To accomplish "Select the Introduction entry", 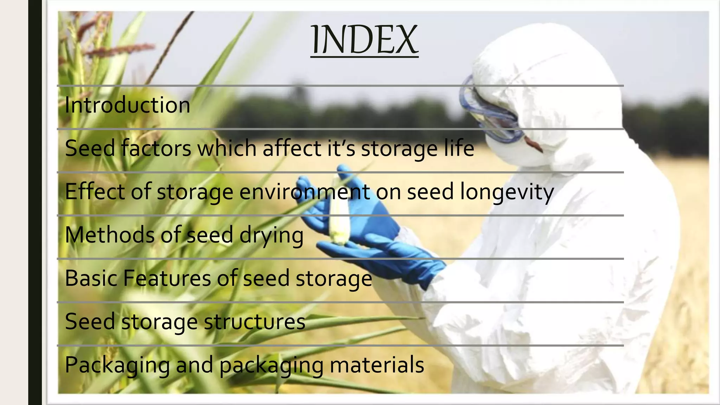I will pos(127,105).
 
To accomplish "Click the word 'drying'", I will pos(271,236).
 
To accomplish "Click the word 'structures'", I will pos(255,322).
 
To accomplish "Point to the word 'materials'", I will pos(377,365).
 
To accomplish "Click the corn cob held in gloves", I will pos(339,214).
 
